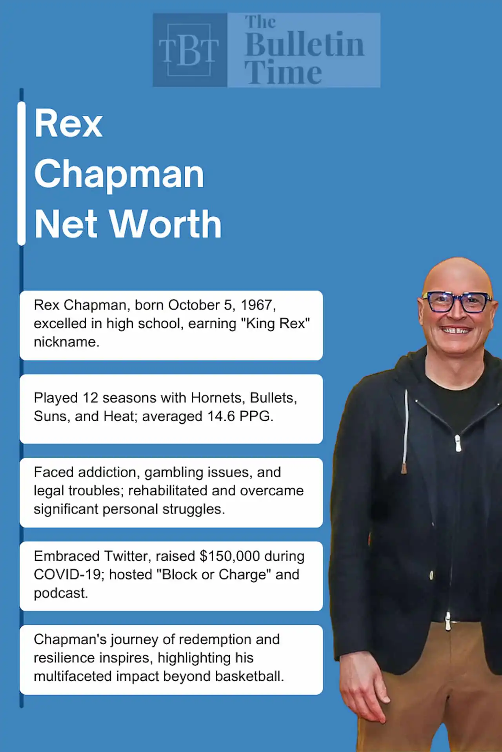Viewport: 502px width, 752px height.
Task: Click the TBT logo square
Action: (190, 50)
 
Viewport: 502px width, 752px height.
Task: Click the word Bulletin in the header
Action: (305, 45)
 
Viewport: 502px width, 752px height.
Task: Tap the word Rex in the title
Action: (69, 124)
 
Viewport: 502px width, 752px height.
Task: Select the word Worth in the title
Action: (166, 224)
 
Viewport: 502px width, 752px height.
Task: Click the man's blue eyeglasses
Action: (457, 302)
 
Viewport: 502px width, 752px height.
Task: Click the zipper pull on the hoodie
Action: (458, 443)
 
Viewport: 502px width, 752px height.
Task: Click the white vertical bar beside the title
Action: (22, 174)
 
